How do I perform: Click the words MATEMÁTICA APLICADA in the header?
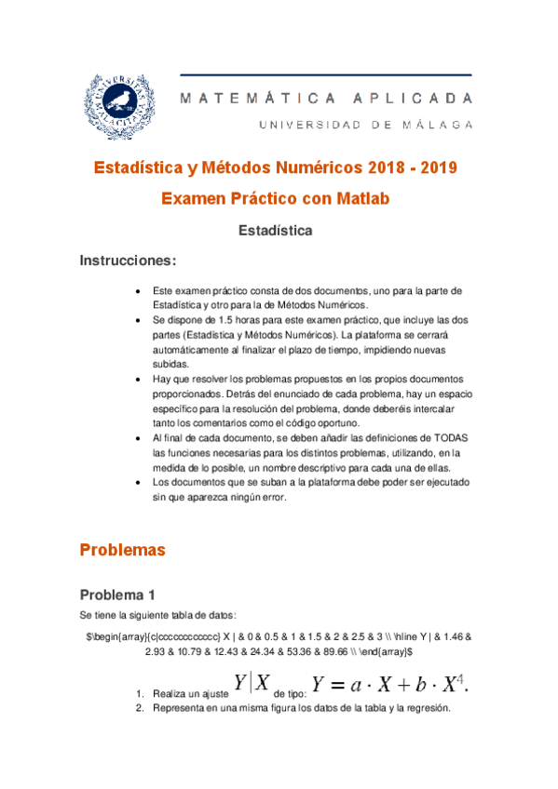327,97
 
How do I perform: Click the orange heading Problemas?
122,550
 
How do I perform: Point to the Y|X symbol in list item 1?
252,684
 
